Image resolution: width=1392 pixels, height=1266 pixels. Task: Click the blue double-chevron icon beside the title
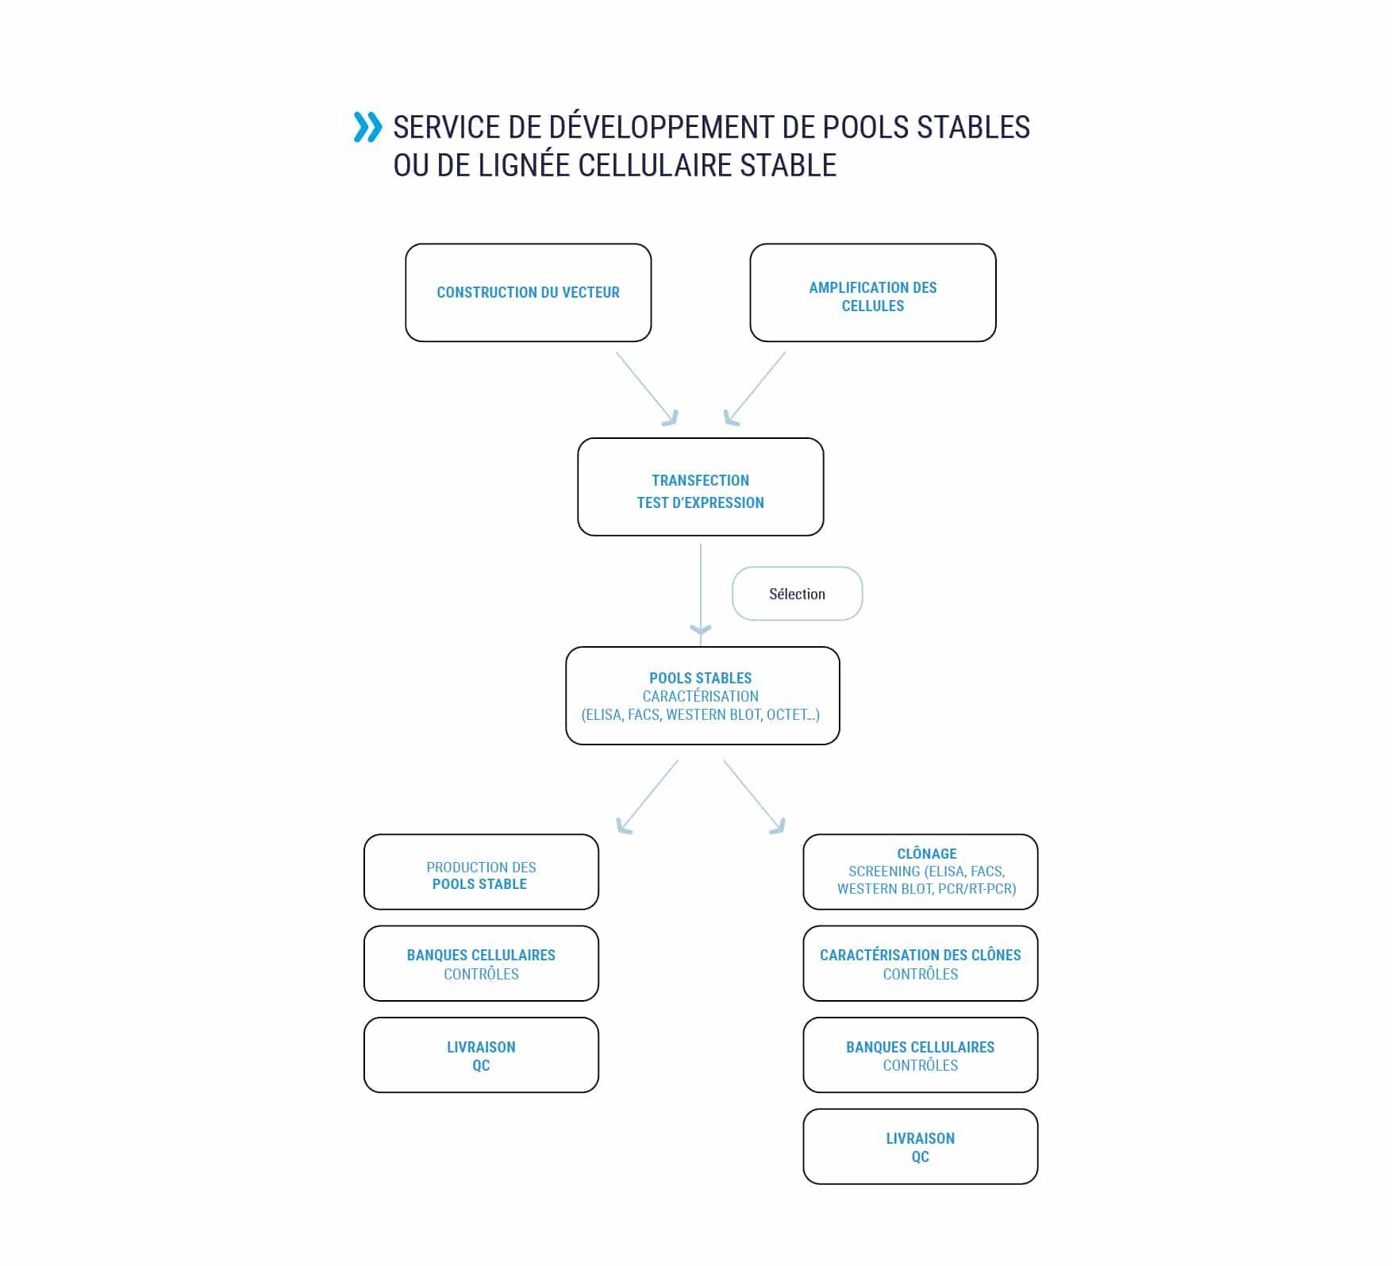tap(367, 127)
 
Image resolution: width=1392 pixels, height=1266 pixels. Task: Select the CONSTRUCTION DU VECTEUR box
tap(529, 293)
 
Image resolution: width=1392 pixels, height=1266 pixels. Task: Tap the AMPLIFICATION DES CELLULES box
tap(873, 293)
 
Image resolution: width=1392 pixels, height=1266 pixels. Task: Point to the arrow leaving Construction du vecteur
tap(647, 389)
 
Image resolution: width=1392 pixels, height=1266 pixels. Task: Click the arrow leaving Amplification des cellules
tap(755, 389)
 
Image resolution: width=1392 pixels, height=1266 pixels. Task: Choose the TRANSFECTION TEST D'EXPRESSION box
tap(701, 487)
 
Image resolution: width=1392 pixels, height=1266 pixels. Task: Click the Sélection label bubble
tap(798, 594)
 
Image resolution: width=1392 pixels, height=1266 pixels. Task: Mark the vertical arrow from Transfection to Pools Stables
tap(701, 590)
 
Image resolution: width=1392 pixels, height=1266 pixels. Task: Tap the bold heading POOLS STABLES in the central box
tap(701, 678)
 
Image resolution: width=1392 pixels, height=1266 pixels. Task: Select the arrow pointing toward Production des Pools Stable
tap(648, 797)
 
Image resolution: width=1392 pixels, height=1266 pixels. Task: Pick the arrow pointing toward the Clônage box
tap(755, 797)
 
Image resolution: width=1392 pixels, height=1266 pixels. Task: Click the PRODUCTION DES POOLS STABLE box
tap(482, 872)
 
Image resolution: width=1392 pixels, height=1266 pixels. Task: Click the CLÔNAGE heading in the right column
tap(927, 853)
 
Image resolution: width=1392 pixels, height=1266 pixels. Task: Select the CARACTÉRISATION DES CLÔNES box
tap(921, 964)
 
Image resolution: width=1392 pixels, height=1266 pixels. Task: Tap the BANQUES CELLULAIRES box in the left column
tap(482, 964)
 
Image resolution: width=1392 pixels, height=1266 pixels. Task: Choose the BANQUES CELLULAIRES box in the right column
tap(921, 1055)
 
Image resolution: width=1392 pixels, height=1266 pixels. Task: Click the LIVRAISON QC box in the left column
tap(482, 1055)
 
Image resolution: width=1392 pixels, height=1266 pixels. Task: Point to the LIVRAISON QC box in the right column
tap(921, 1147)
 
